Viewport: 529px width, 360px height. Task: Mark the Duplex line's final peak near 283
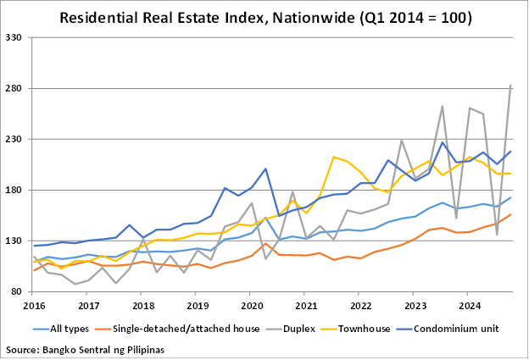point(510,86)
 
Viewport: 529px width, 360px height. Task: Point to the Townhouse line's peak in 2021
point(334,157)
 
